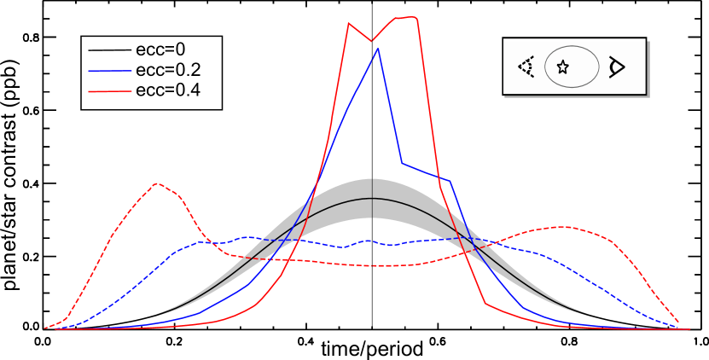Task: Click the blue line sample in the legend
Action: tap(110, 70)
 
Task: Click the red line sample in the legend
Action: tap(110, 90)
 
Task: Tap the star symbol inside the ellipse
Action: tap(562, 67)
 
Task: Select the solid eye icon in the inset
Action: tap(616, 67)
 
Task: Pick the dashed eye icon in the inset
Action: tap(526, 67)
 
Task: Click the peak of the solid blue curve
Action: tap(378, 49)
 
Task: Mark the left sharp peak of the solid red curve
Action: tap(349, 24)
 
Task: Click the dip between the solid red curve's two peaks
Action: tap(371, 40)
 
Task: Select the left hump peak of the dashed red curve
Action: tap(156, 183)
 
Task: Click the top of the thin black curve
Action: tap(372, 198)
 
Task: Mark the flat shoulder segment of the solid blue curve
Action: tap(427, 172)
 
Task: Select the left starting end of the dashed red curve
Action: tap(46, 328)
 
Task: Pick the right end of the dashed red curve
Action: tap(678, 322)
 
